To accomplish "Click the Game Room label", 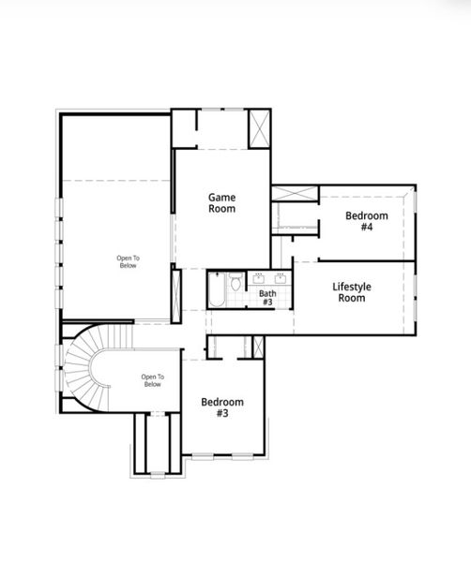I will tap(221, 202).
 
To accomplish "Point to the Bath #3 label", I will tap(267, 298).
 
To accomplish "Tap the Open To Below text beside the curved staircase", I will tap(152, 381).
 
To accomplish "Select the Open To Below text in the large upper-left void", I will tap(127, 261).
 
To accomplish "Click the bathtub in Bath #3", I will tap(215, 291).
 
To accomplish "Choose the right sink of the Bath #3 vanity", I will tap(281, 277).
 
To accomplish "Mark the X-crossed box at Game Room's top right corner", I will tap(259, 129).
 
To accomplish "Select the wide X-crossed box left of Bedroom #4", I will tap(295, 194).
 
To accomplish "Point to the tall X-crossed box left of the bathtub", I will tap(175, 296).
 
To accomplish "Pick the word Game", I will tap(221, 197).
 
